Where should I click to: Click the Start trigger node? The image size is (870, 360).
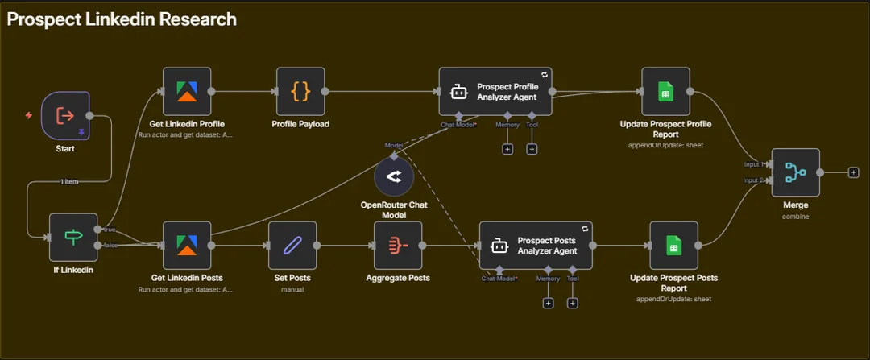[64, 114]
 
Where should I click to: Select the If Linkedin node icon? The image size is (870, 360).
[73, 237]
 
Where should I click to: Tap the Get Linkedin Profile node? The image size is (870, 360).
[186, 91]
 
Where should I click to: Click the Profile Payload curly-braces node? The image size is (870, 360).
[300, 91]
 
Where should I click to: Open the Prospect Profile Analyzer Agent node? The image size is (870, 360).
[495, 91]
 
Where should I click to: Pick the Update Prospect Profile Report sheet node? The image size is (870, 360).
[665, 91]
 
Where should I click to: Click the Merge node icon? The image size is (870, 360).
[795, 172]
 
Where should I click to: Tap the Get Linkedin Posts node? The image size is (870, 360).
[186, 245]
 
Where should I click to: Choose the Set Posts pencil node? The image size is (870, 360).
[292, 245]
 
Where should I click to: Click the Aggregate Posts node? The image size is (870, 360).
[398, 245]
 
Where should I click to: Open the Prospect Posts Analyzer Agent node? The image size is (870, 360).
[536, 245]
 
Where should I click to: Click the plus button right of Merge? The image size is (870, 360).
[854, 172]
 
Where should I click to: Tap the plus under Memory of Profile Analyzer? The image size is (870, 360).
[507, 149]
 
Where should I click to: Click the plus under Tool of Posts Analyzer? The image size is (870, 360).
[573, 303]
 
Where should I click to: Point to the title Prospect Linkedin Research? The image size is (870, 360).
[122, 19]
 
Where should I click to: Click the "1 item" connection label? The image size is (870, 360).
[69, 181]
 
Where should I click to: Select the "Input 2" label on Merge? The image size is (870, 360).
[755, 180]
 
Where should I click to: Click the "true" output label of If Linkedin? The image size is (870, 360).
[109, 229]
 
